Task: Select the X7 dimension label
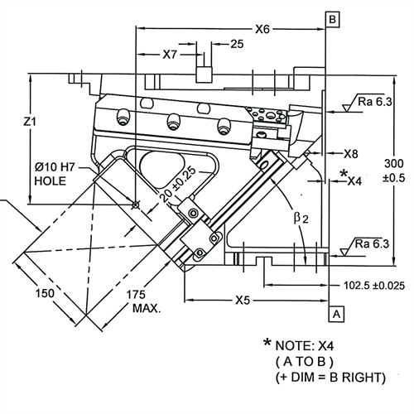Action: point(170,55)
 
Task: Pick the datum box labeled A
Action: point(336,314)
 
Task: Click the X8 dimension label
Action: point(351,153)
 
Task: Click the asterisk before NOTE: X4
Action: point(267,342)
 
